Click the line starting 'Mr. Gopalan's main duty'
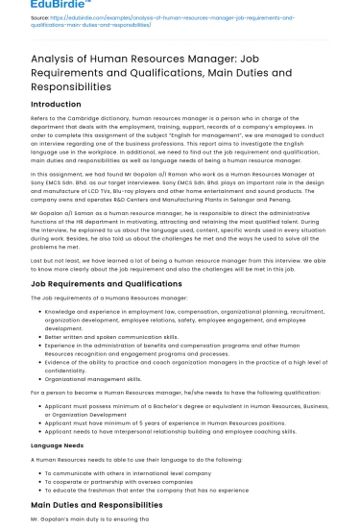(x=86, y=519)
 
